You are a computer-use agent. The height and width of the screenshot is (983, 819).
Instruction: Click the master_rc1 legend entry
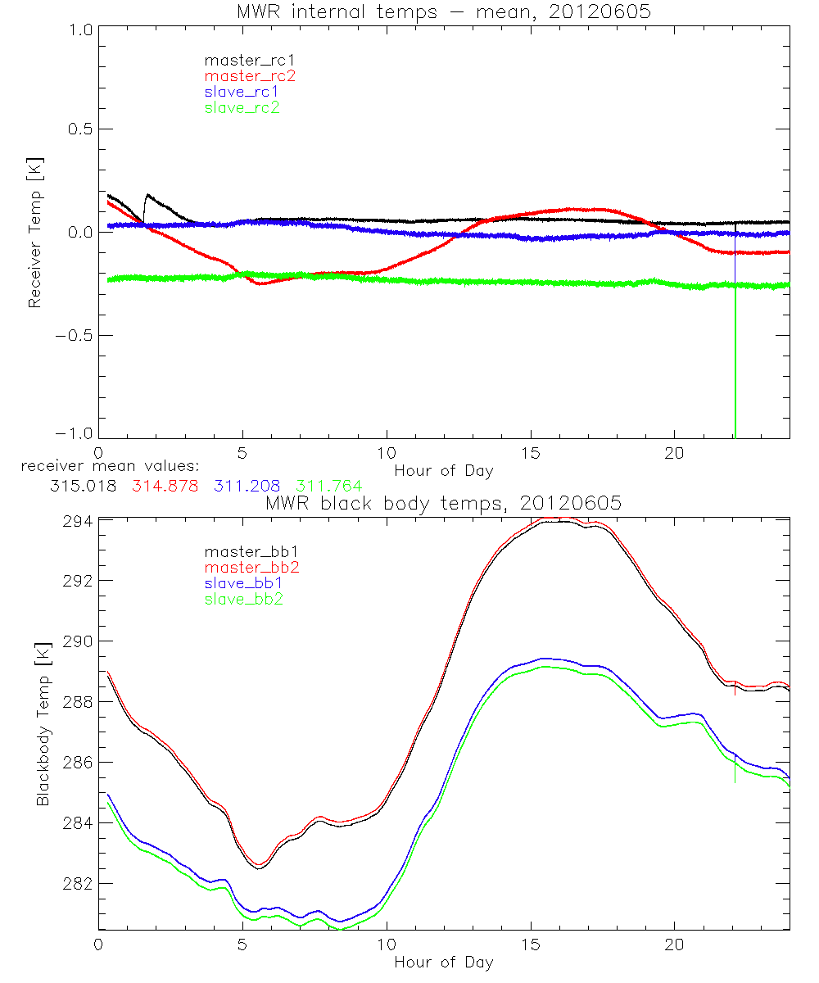(x=242, y=60)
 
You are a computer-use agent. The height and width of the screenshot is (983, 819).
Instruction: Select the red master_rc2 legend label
(x=250, y=76)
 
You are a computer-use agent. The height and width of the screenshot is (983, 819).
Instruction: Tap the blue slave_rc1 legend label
(x=242, y=92)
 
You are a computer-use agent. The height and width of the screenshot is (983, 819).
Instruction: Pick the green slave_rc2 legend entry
(x=242, y=107)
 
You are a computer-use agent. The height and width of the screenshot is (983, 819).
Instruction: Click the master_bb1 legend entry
(x=242, y=553)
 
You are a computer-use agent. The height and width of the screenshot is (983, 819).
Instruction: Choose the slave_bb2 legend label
(x=242, y=600)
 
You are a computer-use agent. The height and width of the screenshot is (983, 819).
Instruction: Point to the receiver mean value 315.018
(x=82, y=486)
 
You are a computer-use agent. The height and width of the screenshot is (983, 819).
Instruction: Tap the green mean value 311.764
(x=328, y=486)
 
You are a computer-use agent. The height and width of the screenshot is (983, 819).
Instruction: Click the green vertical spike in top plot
(x=735, y=369)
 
